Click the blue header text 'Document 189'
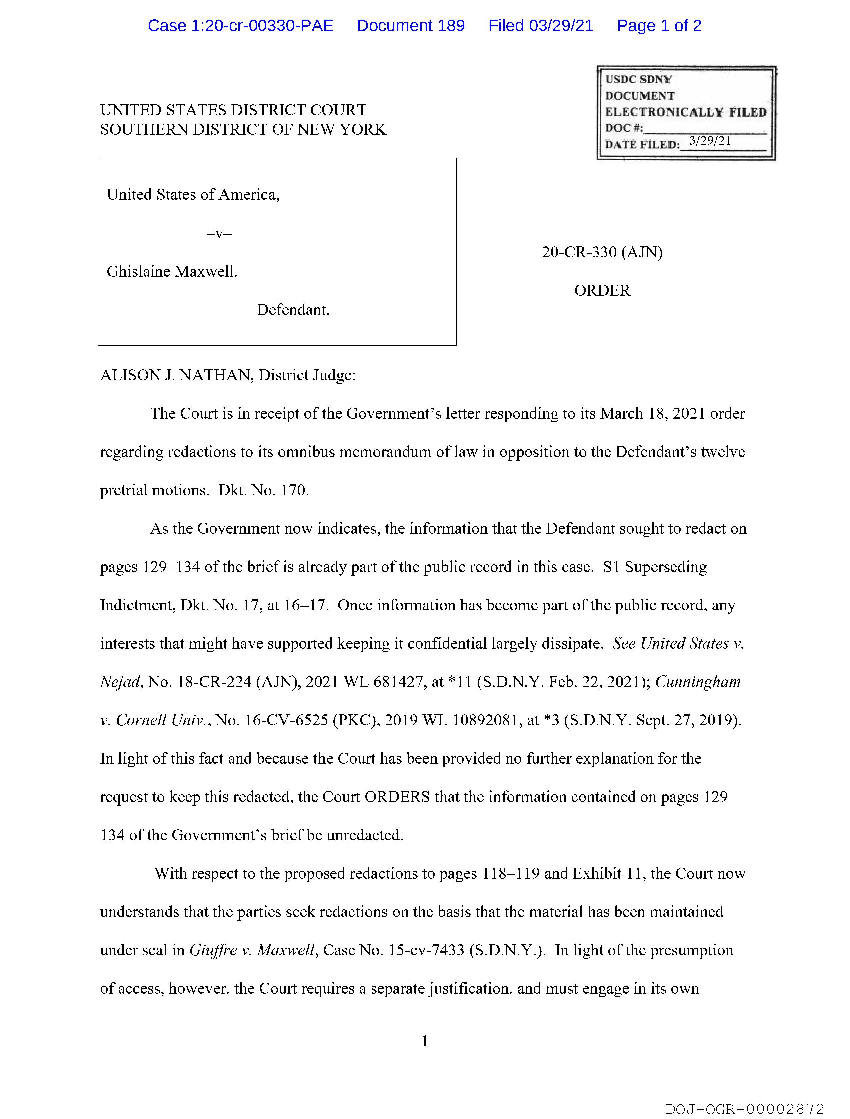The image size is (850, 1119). [x=410, y=26]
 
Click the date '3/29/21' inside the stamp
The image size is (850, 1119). [x=710, y=141]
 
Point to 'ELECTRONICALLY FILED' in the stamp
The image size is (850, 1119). [x=686, y=112]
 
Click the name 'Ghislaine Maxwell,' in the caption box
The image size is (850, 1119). [x=172, y=272]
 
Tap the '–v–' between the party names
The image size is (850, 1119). [x=219, y=234]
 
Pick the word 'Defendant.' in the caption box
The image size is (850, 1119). [x=293, y=310]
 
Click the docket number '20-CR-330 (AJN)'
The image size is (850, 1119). [x=602, y=252]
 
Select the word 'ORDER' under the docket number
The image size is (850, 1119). [x=602, y=290]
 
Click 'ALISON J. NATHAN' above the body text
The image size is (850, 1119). [x=177, y=375]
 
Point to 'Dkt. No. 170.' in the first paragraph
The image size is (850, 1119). [x=263, y=490]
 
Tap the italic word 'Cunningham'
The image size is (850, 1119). [x=698, y=682]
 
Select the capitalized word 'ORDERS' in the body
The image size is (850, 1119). [x=397, y=797]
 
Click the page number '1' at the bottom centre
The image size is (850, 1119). [x=424, y=1041]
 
